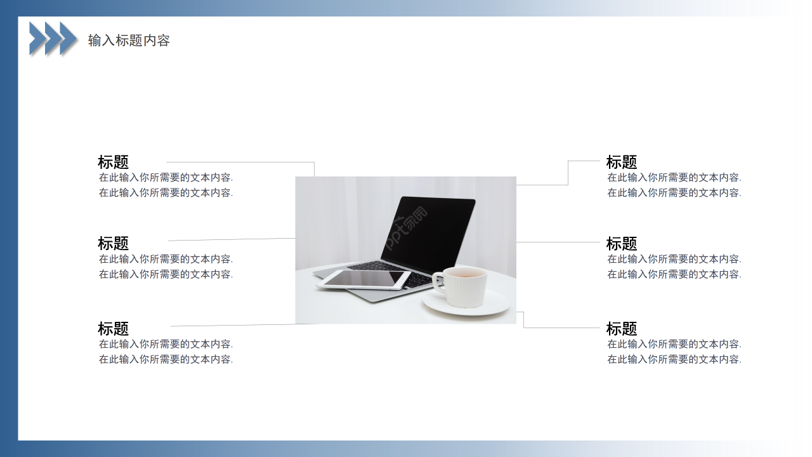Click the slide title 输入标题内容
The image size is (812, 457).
click(x=129, y=41)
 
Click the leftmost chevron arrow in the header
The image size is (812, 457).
click(x=37, y=38)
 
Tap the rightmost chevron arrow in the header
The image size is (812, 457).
click(x=68, y=38)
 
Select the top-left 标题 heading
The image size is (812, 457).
click(x=113, y=162)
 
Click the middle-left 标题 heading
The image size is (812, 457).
click(x=113, y=243)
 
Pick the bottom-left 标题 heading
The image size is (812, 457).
click(x=113, y=329)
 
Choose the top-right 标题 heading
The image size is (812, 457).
click(x=621, y=162)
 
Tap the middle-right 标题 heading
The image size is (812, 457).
click(x=621, y=243)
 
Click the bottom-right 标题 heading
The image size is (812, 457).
click(x=621, y=329)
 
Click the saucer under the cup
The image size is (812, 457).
click(x=466, y=307)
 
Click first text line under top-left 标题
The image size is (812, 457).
click(x=166, y=178)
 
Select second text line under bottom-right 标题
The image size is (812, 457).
click(x=674, y=359)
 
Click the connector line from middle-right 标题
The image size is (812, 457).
click(x=558, y=242)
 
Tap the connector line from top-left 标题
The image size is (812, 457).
click(x=241, y=162)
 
